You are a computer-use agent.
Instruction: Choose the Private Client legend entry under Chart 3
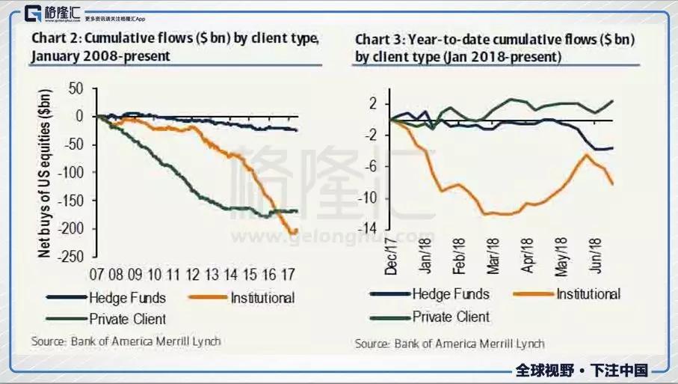[451, 317]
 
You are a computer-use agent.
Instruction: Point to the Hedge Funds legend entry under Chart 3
[452, 294]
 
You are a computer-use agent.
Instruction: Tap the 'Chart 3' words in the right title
[376, 40]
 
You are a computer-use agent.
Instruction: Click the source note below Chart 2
[126, 341]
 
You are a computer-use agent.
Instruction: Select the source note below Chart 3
[449, 344]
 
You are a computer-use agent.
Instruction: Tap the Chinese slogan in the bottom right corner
[581, 371]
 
